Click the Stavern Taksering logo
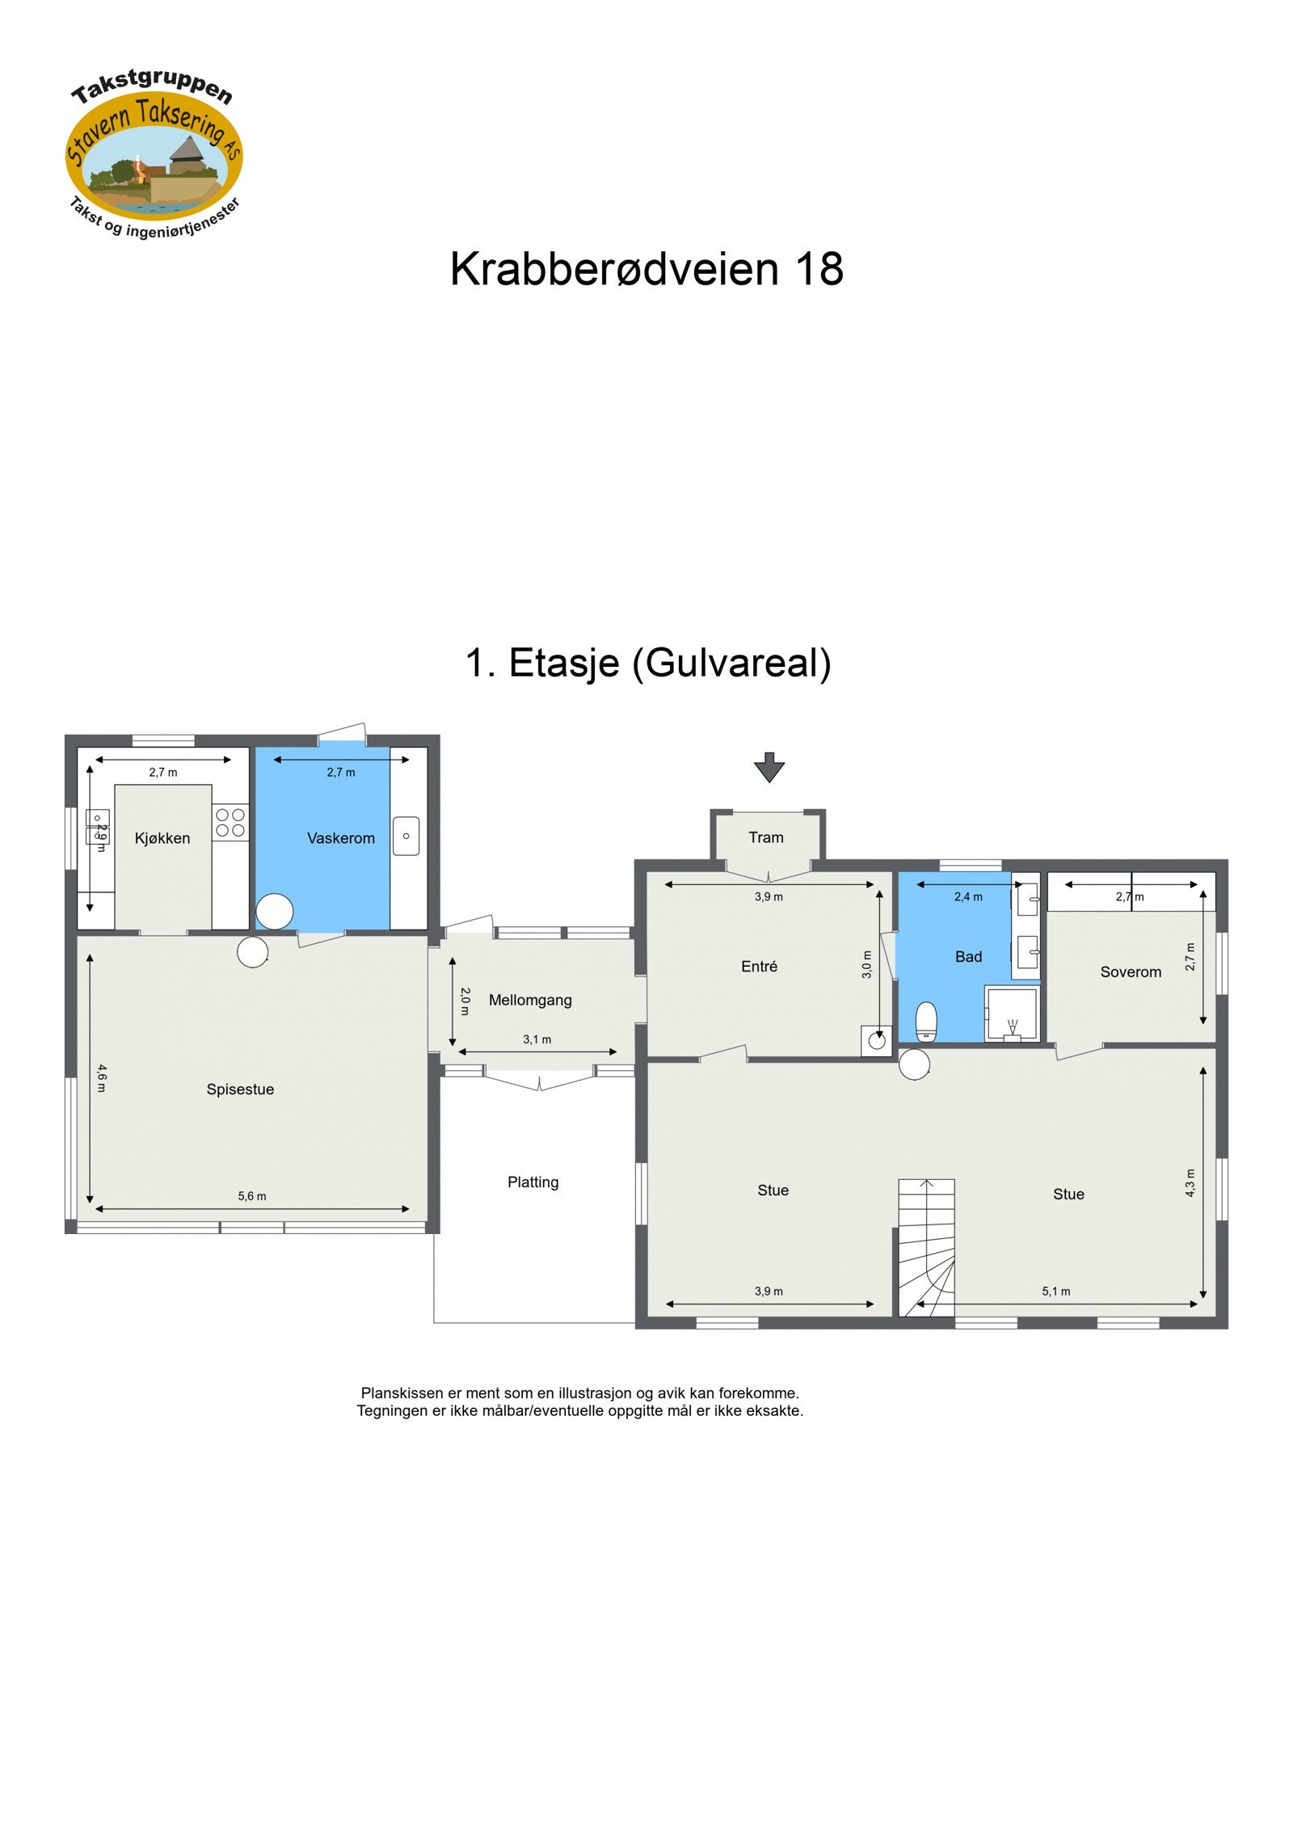(154, 154)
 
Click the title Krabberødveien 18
(646, 268)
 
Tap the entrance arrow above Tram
(769, 767)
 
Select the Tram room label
(765, 837)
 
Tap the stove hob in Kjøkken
(230, 822)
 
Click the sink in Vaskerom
(406, 836)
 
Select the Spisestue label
(240, 1089)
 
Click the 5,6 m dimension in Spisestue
(251, 1195)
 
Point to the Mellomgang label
(530, 1000)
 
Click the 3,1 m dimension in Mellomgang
(537, 1039)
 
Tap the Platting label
(533, 1182)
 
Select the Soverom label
(1130, 971)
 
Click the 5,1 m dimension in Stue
(1055, 1291)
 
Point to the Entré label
(759, 966)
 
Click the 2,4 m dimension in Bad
(967, 896)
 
